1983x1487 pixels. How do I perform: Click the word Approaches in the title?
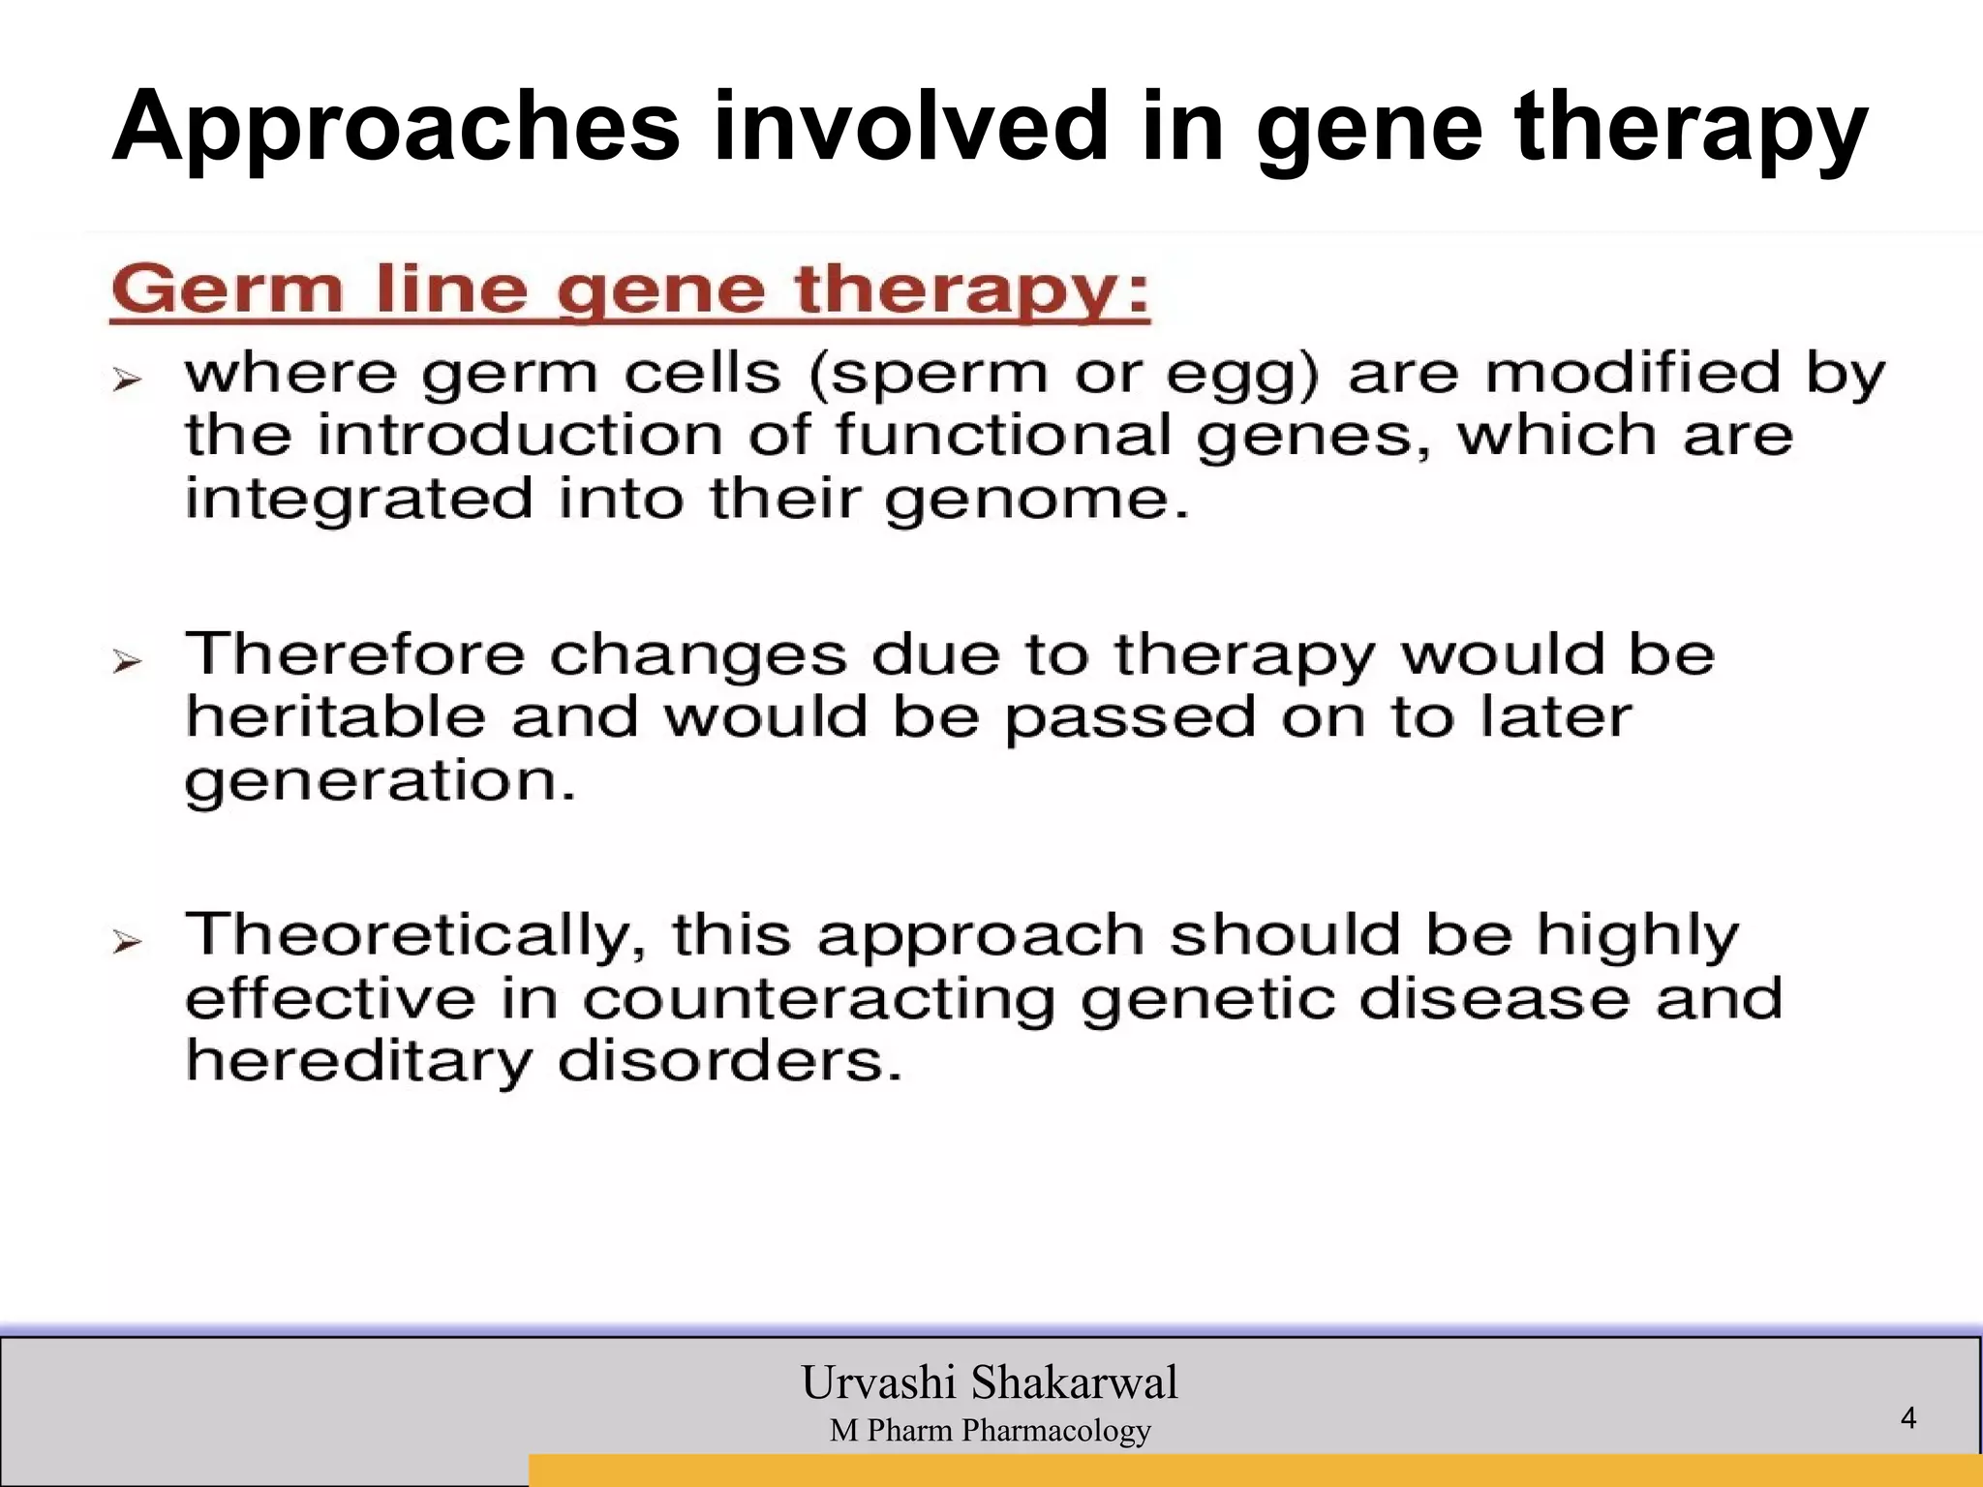396,128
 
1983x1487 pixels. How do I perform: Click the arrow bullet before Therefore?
127,662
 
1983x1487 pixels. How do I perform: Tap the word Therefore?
354,654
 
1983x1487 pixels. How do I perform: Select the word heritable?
335,717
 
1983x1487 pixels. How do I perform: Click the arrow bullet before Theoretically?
127,941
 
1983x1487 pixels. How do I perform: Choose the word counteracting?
818,1000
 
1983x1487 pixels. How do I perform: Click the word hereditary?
359,1063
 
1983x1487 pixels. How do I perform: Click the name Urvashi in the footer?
878,1382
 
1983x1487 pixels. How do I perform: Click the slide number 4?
1907,1418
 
